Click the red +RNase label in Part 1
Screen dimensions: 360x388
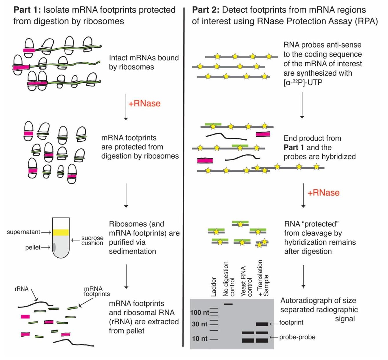point(144,103)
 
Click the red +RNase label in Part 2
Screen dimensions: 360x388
point(323,193)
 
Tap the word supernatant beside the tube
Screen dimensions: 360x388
point(23,232)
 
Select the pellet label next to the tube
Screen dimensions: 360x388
point(33,248)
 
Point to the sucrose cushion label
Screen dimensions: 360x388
point(92,240)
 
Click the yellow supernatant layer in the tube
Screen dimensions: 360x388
point(61,232)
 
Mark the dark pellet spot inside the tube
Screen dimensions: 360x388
point(54,247)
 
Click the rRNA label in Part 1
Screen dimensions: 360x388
point(22,289)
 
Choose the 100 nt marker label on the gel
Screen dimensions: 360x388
point(200,312)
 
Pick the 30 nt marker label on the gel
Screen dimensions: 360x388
point(200,324)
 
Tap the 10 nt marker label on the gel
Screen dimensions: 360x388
point(200,339)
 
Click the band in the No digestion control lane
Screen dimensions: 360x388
point(228,304)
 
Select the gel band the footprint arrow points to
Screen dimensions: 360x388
point(262,324)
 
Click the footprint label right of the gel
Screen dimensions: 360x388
point(291,323)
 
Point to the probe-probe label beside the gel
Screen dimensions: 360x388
point(297,337)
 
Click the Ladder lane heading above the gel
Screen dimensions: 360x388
point(214,287)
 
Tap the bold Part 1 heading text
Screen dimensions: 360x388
point(27,10)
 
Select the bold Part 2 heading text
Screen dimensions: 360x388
point(206,10)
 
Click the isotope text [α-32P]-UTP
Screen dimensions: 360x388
point(303,83)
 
